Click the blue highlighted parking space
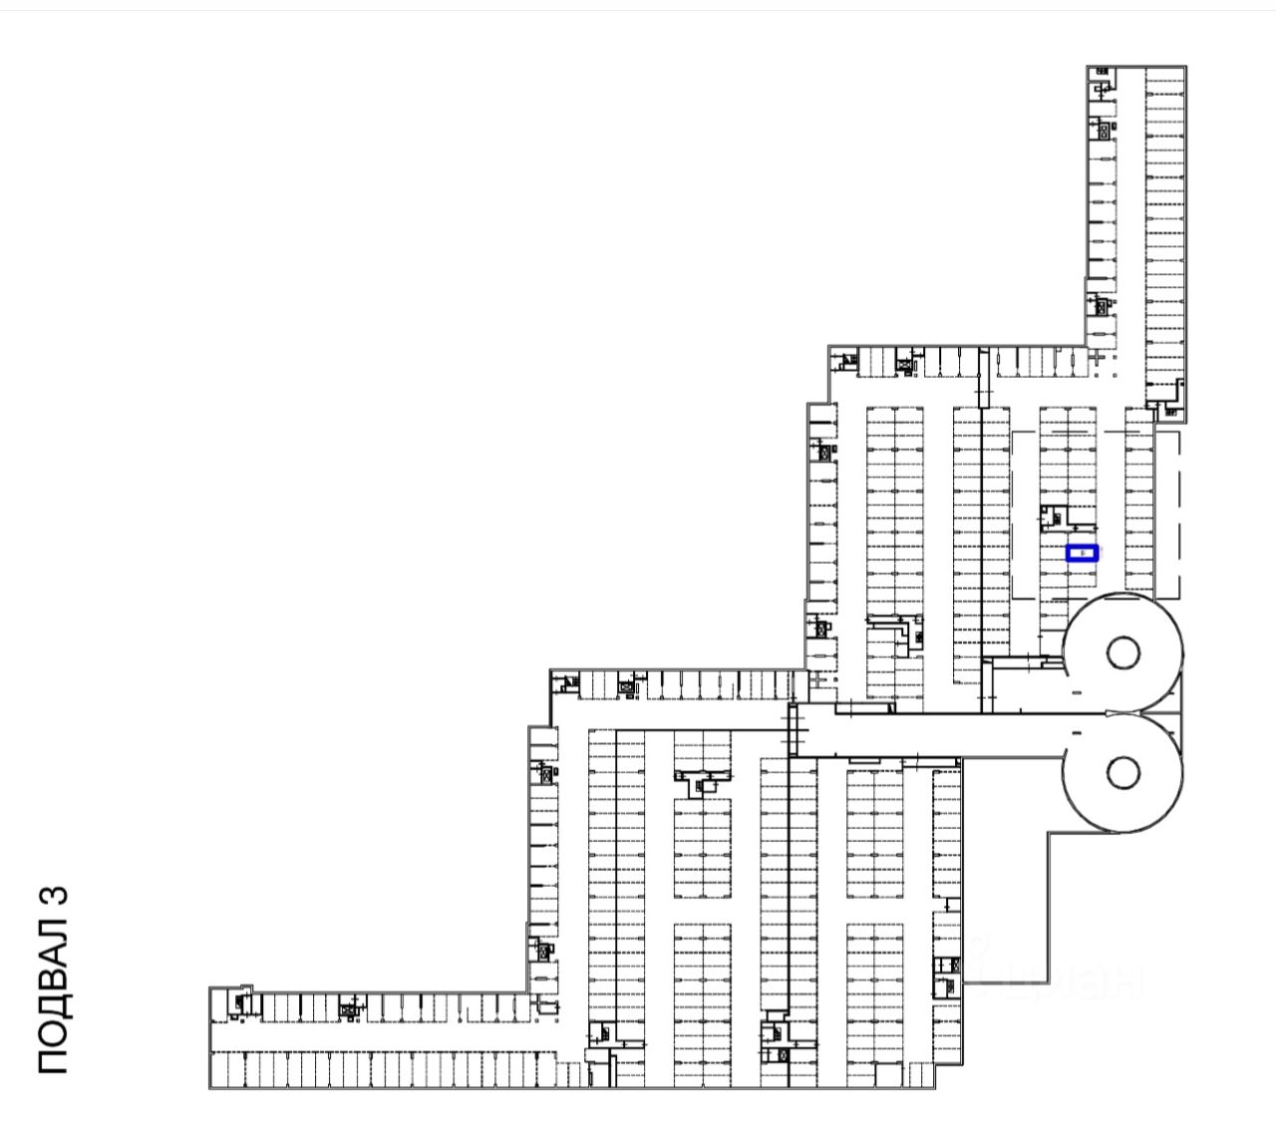pyautogui.click(x=1082, y=553)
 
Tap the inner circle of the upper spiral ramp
pyautogui.click(x=1122, y=653)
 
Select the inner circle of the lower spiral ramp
pyautogui.click(x=1122, y=770)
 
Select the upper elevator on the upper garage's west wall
pyautogui.click(x=824, y=451)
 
